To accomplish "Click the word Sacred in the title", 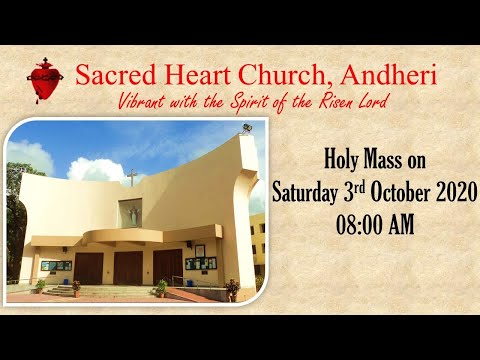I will coord(117,76).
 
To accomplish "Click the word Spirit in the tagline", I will coord(264,102).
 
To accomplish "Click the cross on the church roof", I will coord(131,178).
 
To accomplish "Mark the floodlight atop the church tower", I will coord(246,129).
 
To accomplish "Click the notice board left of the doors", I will coord(55,266).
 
